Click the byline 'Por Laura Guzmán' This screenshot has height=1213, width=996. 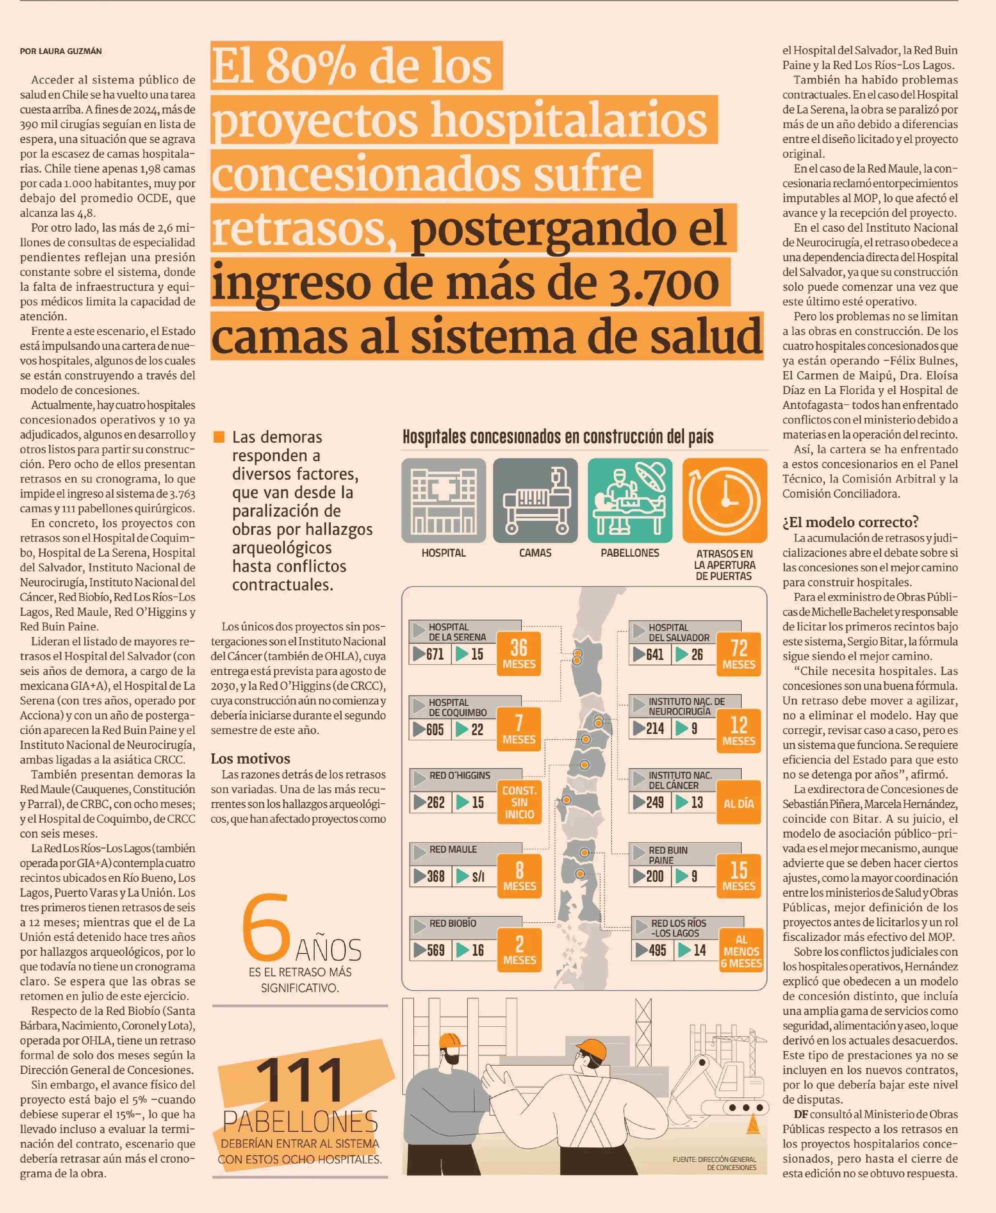point(61,51)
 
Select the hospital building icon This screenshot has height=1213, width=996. point(444,500)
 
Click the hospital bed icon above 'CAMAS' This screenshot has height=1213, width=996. point(535,500)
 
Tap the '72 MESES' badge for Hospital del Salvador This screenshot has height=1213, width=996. point(738,654)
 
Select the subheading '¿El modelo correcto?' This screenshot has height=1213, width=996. point(850,522)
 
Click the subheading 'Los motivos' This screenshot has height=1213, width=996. point(250,758)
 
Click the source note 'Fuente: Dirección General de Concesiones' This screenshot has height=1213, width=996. point(714,1163)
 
